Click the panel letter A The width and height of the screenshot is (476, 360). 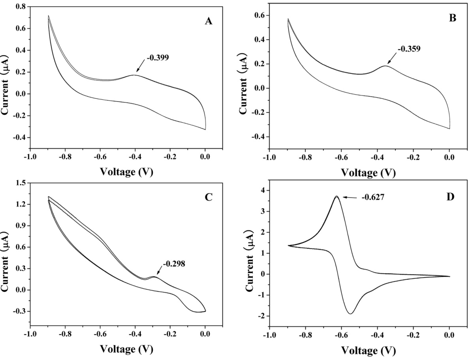pos(209,21)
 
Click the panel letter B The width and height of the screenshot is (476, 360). pos(453,18)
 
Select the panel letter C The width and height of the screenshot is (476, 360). pos(209,197)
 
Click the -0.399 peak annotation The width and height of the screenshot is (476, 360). pos(158,58)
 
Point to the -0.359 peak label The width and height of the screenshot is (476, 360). pos(407,49)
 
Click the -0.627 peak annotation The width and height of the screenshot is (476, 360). pos(373,196)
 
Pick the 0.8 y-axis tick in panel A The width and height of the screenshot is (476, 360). pos(21,7)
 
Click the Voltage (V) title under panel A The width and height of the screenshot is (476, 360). pos(126,172)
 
